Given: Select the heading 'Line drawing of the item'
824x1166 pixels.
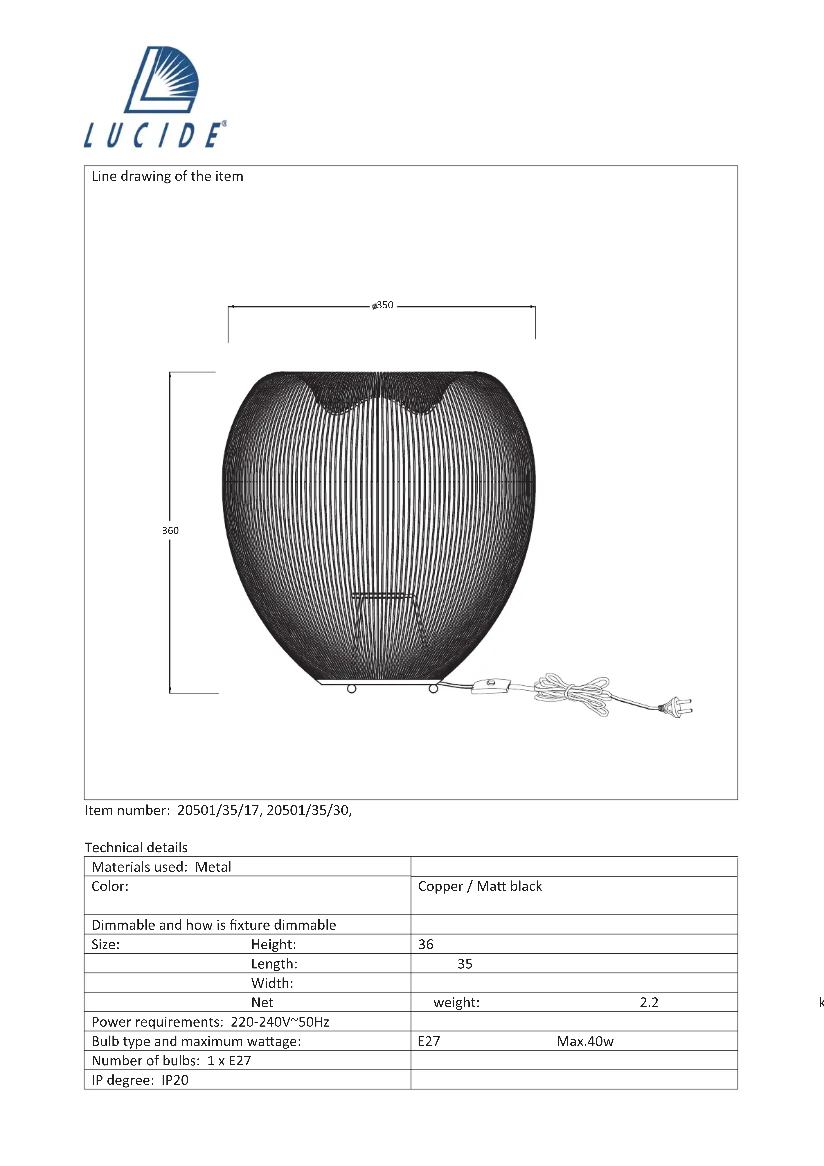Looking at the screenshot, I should point(167,176).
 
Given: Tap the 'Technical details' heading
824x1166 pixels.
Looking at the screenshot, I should point(136,848).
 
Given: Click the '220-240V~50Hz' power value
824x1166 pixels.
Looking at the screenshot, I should point(279,1022).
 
